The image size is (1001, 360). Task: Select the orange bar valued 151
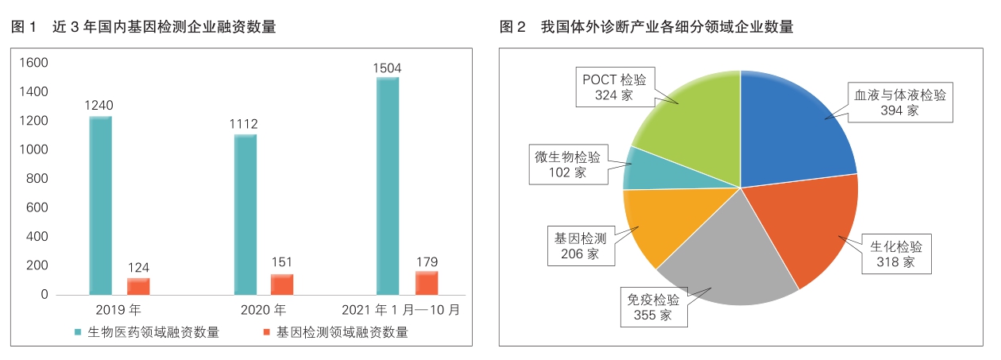pos(282,285)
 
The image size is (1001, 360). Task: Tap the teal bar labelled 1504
pos(387,186)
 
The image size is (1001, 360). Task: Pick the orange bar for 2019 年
pos(138,286)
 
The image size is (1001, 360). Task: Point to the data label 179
pos(426,261)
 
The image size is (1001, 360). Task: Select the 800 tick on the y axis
pos(37,179)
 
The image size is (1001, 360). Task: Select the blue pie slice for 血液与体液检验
pos(794,127)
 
